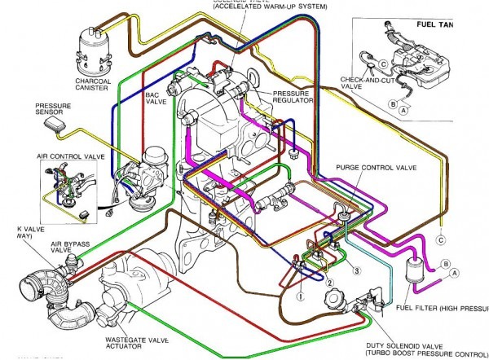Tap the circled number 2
tap(330, 281)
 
